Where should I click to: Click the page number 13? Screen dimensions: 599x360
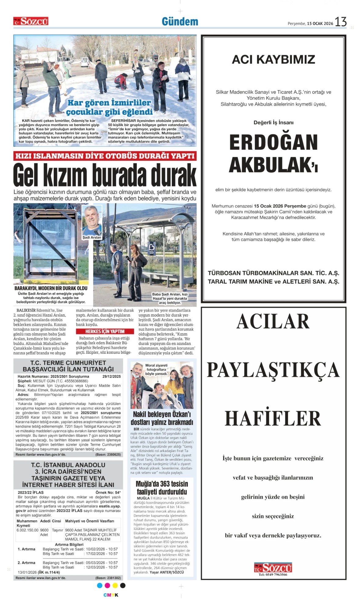click(x=340, y=22)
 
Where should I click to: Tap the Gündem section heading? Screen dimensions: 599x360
click(x=180, y=22)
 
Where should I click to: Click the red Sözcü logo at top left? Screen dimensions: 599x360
click(x=31, y=21)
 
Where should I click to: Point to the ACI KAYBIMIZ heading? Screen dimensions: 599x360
click(x=273, y=59)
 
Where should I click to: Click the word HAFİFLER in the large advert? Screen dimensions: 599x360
click(x=273, y=418)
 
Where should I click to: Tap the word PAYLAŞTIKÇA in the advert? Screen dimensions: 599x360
click(x=273, y=370)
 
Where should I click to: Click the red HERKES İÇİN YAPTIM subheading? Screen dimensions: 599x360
click(x=105, y=331)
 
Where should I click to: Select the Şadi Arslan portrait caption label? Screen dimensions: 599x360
click(x=92, y=237)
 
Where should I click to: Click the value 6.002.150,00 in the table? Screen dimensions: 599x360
click(x=27, y=530)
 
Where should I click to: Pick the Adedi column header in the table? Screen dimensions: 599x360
click(x=45, y=521)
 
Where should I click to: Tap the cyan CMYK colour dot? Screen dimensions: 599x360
click(x=100, y=585)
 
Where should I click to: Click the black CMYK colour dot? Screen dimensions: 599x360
click(x=123, y=585)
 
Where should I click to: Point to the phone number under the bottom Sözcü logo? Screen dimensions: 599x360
click(x=273, y=575)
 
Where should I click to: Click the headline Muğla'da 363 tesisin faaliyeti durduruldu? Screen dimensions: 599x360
click(x=162, y=488)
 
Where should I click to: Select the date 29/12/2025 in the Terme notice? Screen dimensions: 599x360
click(x=111, y=377)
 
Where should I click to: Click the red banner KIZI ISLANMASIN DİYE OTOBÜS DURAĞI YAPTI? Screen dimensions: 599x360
click(x=105, y=156)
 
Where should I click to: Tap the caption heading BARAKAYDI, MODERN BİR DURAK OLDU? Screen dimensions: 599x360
click(x=51, y=288)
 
